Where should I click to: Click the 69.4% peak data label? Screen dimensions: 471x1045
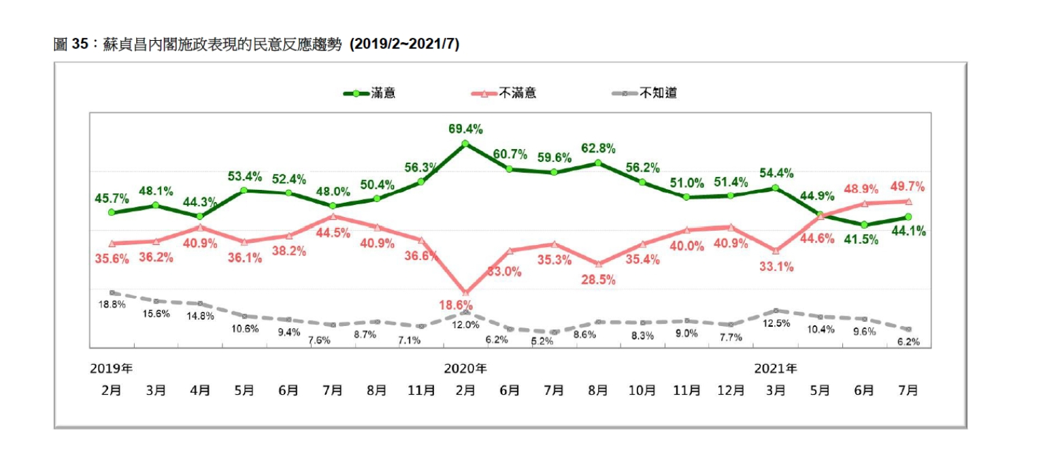coord(465,128)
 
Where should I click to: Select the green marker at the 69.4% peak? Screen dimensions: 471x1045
coord(465,144)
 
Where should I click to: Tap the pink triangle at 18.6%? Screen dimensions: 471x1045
coord(465,293)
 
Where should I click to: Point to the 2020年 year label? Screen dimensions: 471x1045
coord(465,369)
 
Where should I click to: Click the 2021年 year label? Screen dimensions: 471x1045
coord(776,369)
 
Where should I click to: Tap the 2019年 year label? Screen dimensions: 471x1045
coord(112,369)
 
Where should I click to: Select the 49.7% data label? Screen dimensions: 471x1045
coord(908,187)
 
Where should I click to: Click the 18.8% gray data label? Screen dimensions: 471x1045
coord(112,305)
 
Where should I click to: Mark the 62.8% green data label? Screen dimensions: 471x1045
coord(599,148)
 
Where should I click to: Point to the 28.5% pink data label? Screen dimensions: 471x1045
coord(599,280)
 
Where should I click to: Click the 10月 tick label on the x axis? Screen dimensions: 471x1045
coord(642,391)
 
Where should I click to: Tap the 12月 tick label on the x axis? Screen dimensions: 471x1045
coord(731,391)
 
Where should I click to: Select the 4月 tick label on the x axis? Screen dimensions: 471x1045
coord(200,391)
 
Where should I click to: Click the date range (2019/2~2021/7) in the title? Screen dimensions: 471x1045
coord(404,45)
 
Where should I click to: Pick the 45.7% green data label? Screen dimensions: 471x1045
coord(112,197)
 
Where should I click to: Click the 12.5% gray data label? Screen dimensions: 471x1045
coord(776,323)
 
